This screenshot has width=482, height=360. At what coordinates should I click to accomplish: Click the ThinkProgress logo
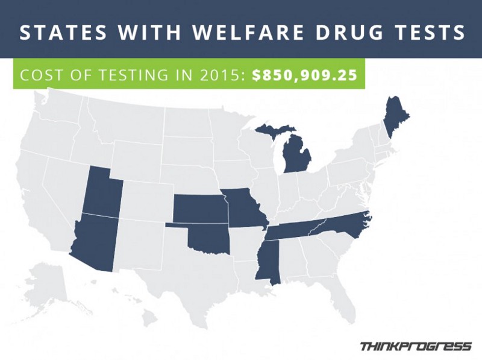pyautogui.click(x=415, y=346)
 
